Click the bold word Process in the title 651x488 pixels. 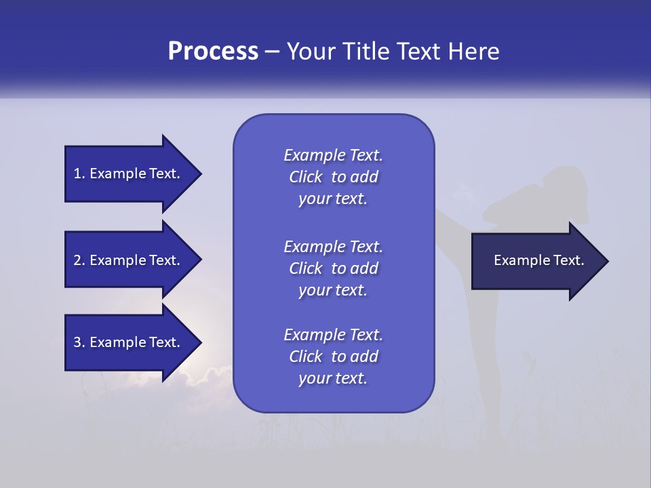(x=213, y=52)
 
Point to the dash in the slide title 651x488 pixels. (x=272, y=52)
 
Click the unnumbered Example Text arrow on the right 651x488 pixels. (x=536, y=261)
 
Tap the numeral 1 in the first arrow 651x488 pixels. (x=77, y=174)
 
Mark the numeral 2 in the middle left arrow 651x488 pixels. (x=77, y=260)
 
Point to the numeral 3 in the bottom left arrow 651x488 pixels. (x=77, y=342)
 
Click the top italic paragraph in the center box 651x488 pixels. (x=333, y=177)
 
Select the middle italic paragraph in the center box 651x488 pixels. (x=333, y=268)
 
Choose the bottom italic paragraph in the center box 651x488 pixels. (x=333, y=356)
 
